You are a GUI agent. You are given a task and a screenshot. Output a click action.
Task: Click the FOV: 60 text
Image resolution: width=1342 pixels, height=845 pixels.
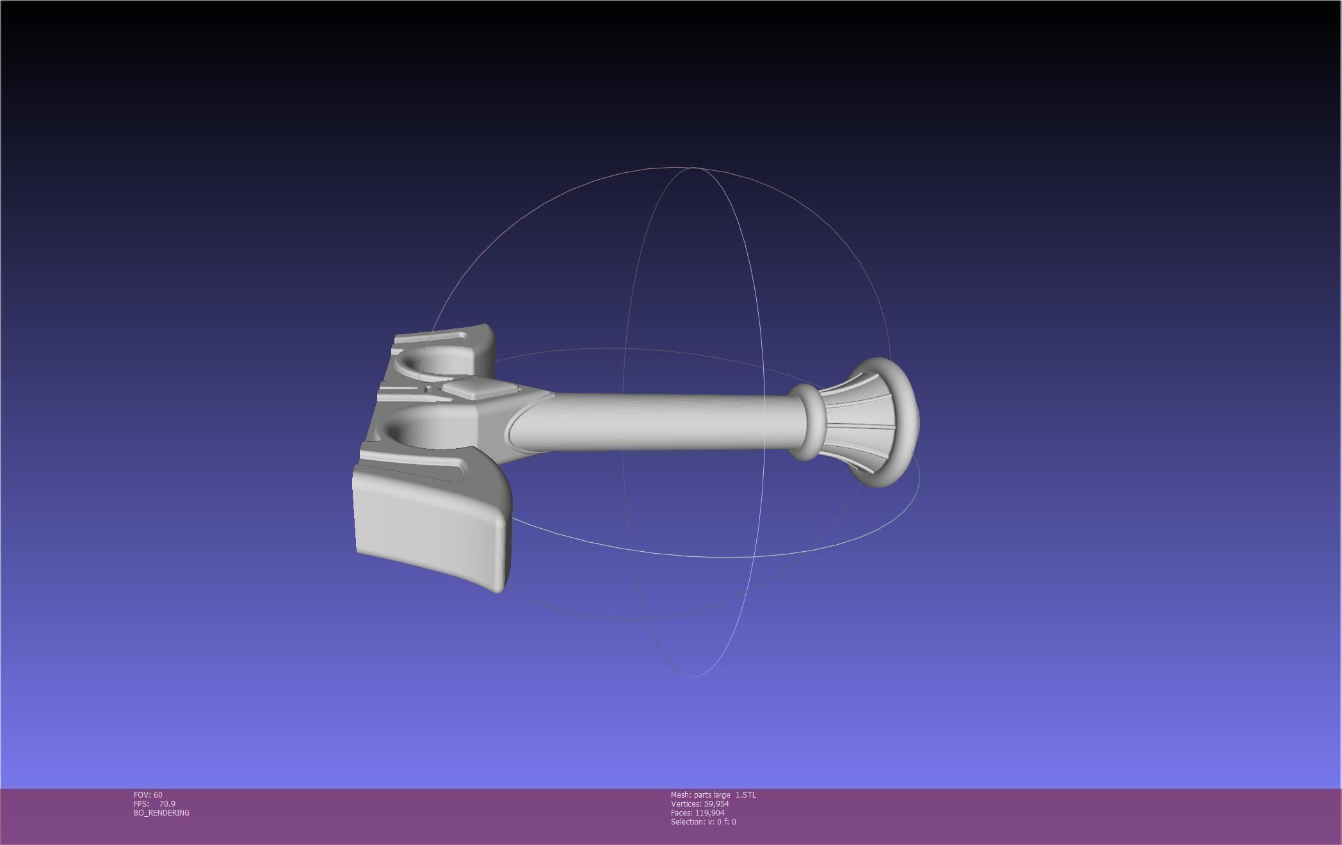148,794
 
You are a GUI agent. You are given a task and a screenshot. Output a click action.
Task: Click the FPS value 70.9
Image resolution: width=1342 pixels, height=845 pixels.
167,803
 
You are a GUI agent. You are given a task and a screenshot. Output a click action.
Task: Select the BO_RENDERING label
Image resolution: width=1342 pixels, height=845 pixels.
161,812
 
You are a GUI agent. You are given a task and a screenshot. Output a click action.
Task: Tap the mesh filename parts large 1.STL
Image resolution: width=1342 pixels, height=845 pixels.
713,794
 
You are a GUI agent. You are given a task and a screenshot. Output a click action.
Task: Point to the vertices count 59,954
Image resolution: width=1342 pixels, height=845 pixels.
716,803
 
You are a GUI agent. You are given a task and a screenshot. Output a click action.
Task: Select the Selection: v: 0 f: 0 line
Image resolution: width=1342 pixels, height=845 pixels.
703,821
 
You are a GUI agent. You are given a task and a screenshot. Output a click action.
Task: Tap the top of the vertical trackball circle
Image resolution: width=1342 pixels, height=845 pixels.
694,168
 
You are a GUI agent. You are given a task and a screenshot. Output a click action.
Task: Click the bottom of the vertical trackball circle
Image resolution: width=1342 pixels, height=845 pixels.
694,676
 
